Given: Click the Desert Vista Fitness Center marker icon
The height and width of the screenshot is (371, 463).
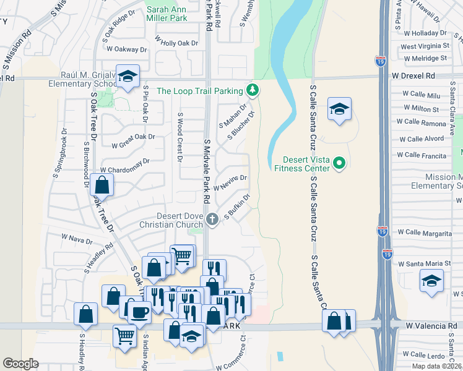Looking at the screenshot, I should click(x=339, y=163).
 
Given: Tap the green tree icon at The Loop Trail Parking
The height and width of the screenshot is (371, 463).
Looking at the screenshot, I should click(x=253, y=90).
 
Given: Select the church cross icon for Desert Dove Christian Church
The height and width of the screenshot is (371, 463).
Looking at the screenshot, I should click(x=212, y=218).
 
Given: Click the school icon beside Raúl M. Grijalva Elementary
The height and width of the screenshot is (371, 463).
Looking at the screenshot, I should click(x=128, y=77).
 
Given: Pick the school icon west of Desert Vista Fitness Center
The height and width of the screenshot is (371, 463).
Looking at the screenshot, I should click(x=339, y=109).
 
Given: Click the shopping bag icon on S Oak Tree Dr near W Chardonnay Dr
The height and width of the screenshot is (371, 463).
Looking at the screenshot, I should click(x=102, y=184).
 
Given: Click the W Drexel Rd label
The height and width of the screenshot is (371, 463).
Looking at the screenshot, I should click(x=413, y=75).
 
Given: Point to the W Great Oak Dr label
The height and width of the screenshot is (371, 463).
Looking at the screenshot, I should click(x=133, y=141).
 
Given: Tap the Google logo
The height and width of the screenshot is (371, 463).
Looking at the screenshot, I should click(x=20, y=364).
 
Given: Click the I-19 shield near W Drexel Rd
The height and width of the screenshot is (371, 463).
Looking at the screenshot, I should click(x=379, y=61).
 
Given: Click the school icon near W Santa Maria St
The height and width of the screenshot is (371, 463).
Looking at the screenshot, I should click(x=431, y=281).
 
